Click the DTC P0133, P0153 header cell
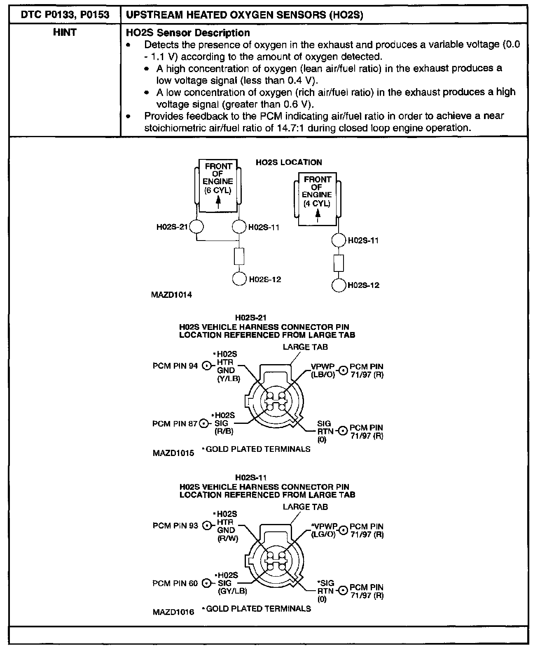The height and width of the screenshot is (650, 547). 65,15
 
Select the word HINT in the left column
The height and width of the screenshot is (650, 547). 65,33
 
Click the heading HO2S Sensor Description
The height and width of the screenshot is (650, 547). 187,33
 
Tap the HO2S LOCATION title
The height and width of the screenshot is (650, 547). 289,162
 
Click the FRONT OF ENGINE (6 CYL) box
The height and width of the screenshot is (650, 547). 218,186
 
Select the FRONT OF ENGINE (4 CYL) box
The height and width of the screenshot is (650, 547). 317,199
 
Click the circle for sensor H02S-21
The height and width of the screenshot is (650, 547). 196,227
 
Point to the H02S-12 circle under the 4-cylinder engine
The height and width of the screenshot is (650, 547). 339,285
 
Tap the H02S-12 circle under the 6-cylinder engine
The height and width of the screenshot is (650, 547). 239,279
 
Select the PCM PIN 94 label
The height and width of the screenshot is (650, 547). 175,366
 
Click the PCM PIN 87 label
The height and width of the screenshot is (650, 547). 175,424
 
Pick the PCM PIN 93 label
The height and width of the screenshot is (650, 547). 175,526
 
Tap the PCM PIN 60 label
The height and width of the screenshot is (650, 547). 175,584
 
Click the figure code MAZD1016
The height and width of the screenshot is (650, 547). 173,612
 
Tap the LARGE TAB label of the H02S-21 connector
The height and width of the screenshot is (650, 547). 305,347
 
